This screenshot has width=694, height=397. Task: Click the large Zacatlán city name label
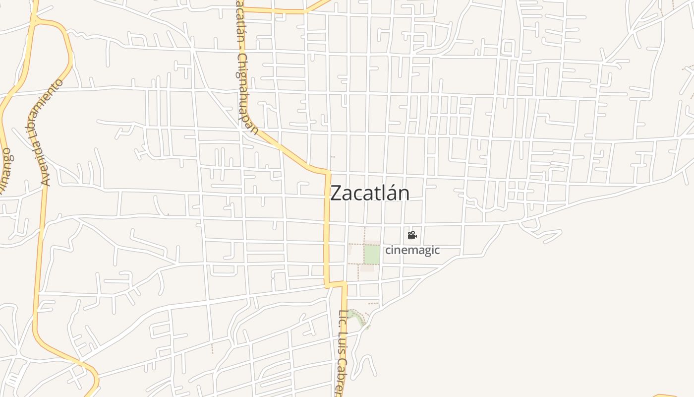[x=370, y=193]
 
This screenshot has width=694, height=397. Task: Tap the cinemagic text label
[x=412, y=250]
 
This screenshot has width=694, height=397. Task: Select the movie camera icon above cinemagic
[x=412, y=235]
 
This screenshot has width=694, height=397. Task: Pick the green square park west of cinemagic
[x=372, y=255]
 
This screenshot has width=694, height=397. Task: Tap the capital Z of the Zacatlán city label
[x=336, y=193]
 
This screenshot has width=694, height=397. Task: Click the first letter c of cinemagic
[x=388, y=250]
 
